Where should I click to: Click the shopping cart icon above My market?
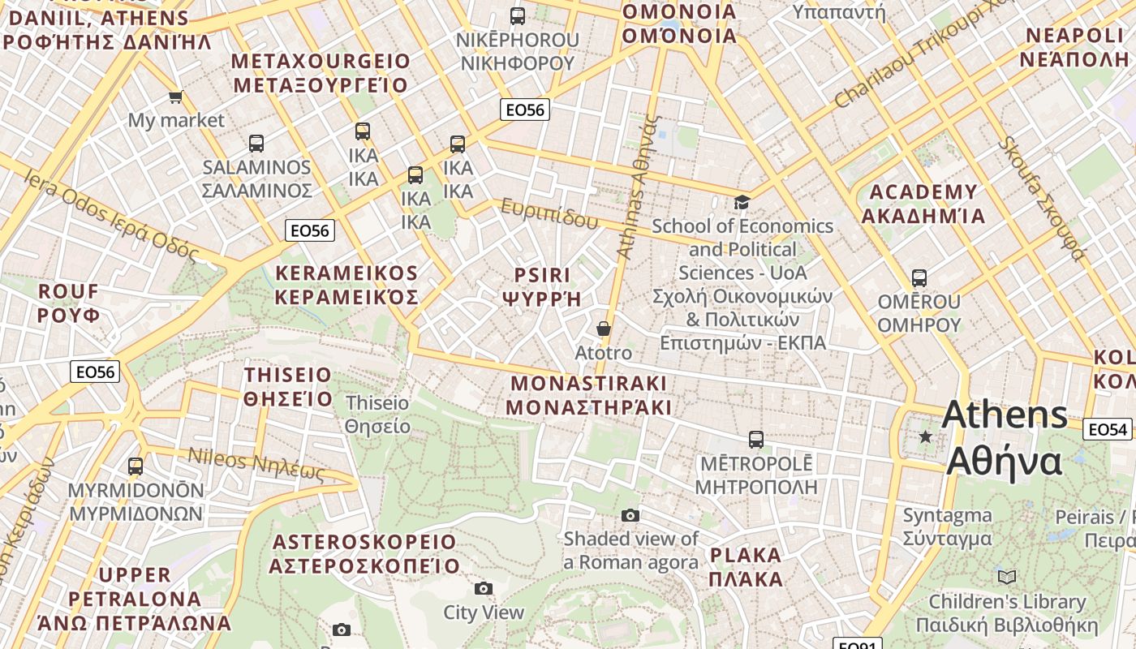point(175,97)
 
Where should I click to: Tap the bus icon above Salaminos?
point(256,144)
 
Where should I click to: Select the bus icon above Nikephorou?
point(517,15)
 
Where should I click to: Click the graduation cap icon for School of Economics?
point(742,202)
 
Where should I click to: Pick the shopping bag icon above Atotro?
point(603,329)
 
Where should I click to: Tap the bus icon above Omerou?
point(919,278)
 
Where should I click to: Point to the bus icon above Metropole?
point(755,440)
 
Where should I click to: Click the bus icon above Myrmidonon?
point(136,466)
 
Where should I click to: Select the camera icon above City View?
point(484,588)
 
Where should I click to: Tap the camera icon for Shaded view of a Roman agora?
point(630,515)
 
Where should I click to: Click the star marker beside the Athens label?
point(925,437)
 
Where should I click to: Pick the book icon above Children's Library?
point(1006,577)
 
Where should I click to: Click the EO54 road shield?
point(1106,429)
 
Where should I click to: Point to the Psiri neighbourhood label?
point(541,287)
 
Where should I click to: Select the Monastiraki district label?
point(589,395)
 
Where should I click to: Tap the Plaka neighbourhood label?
point(746,567)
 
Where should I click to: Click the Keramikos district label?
point(346,285)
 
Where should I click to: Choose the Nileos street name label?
point(256,463)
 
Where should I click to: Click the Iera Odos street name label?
point(110,215)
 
